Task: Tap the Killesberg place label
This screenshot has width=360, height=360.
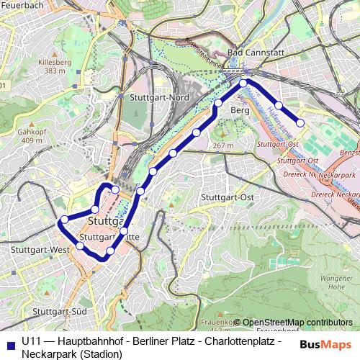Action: click(x=55, y=63)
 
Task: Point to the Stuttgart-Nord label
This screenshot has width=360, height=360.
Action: click(x=159, y=97)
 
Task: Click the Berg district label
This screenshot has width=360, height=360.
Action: click(x=240, y=110)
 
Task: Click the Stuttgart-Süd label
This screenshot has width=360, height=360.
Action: click(x=60, y=311)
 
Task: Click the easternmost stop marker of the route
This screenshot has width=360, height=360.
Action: click(x=300, y=123)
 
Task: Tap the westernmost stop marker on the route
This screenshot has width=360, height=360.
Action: click(x=64, y=220)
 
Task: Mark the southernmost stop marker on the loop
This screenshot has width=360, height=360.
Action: click(x=109, y=251)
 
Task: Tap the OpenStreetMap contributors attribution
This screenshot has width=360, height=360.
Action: click(x=297, y=322)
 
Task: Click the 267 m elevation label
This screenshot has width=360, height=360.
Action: click(x=224, y=146)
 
